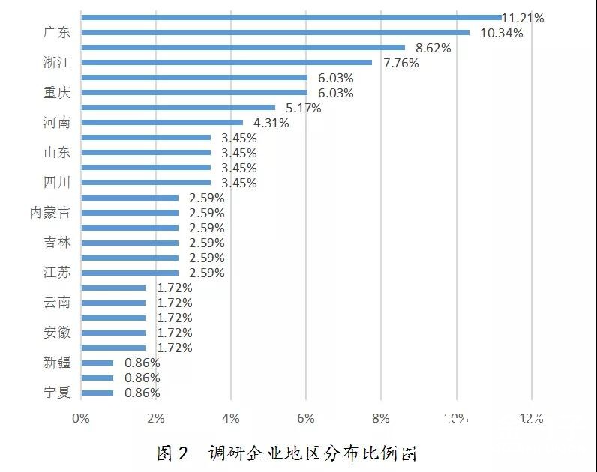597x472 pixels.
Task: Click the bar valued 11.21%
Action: point(291,17)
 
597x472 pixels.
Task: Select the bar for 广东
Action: point(274,32)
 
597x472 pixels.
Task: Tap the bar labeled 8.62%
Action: point(242,47)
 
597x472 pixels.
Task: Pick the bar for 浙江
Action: point(226,62)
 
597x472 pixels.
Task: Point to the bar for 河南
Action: point(161,122)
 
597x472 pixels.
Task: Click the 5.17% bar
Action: point(178,107)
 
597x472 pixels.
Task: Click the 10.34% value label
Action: point(496,33)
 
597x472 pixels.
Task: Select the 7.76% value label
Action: point(401,63)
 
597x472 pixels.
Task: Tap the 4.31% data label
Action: point(271,123)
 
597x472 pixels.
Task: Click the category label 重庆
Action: point(57,93)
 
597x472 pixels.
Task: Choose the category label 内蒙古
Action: point(50,213)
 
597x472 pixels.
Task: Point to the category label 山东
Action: point(57,153)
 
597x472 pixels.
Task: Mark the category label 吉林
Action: point(57,243)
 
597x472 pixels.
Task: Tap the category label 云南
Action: point(57,303)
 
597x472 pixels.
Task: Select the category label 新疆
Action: point(57,363)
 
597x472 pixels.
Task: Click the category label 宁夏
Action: point(57,393)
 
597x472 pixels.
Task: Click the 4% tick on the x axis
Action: point(231,418)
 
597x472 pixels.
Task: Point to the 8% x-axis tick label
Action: point(381,418)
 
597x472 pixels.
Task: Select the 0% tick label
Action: point(80,418)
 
